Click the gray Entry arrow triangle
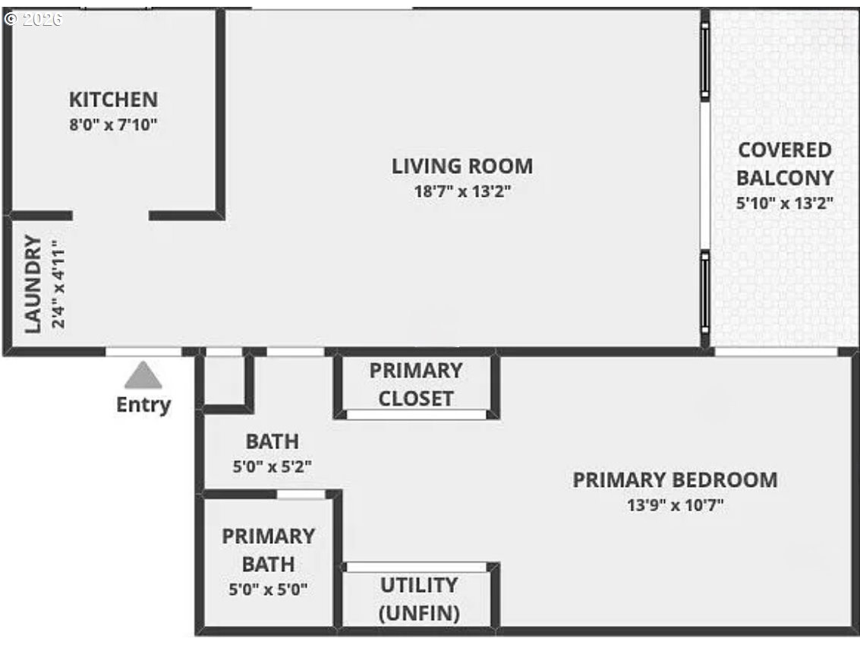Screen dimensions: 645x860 (143, 376)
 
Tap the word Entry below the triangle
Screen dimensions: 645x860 (143, 405)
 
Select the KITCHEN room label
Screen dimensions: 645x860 (113, 100)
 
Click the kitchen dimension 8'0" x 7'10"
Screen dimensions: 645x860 (113, 125)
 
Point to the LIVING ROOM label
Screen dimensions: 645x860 (462, 166)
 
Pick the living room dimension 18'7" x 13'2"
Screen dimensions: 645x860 (462, 191)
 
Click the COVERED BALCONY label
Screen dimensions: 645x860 (785, 163)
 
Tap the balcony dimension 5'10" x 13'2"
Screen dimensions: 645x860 (785, 203)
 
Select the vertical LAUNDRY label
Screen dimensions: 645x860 (32, 284)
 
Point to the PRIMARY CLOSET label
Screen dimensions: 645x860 (416, 384)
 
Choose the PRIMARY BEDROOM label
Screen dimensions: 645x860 (675, 480)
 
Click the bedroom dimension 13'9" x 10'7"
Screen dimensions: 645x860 (675, 505)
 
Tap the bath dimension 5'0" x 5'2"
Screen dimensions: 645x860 (272, 466)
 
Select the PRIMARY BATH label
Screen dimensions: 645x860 (268, 550)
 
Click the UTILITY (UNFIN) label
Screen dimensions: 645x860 (419, 599)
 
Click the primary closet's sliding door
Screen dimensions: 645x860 (416, 415)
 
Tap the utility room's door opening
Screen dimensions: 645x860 (416, 567)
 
